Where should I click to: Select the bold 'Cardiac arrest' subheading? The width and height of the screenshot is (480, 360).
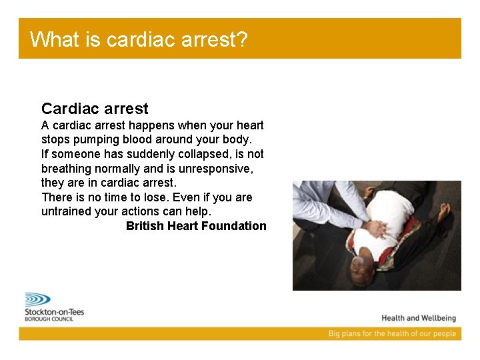click(95, 109)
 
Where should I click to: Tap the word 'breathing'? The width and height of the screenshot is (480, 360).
click(66, 169)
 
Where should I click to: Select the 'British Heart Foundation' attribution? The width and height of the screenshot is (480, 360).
click(196, 226)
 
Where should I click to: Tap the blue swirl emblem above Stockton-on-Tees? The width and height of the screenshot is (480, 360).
click(37, 299)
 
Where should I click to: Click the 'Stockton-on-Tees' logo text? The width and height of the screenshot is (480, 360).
click(55, 311)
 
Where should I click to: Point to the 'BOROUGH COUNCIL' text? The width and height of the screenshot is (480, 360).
click(49, 319)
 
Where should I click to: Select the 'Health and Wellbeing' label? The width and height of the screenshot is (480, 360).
click(418, 318)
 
